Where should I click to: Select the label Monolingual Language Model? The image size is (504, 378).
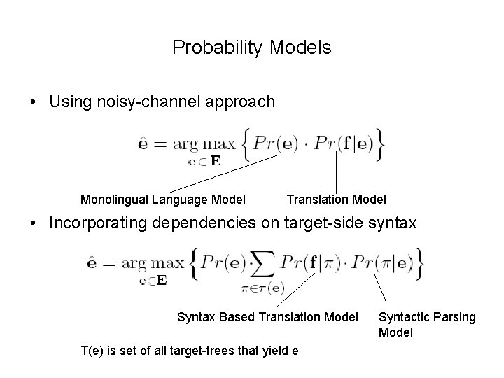click(x=163, y=199)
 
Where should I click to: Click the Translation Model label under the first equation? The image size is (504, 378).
click(x=336, y=199)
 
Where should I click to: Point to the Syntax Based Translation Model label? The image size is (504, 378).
click(x=267, y=317)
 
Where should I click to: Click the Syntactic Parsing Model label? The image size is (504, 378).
click(x=426, y=325)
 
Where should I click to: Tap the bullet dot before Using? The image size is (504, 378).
click(x=34, y=102)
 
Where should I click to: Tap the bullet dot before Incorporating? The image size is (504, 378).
click(x=34, y=224)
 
